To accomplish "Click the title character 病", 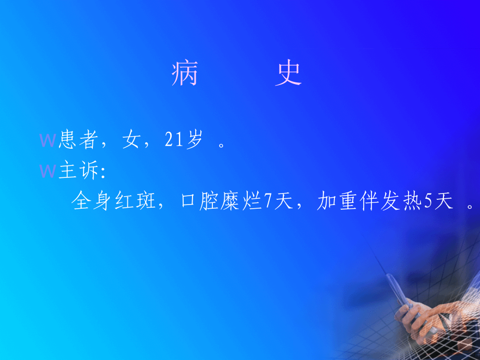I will (185, 75).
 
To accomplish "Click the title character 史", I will (289, 75).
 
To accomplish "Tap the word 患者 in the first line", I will (79, 141).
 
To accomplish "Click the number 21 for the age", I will (173, 141).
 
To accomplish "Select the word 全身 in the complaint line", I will (93, 201).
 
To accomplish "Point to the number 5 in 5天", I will (428, 202).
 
